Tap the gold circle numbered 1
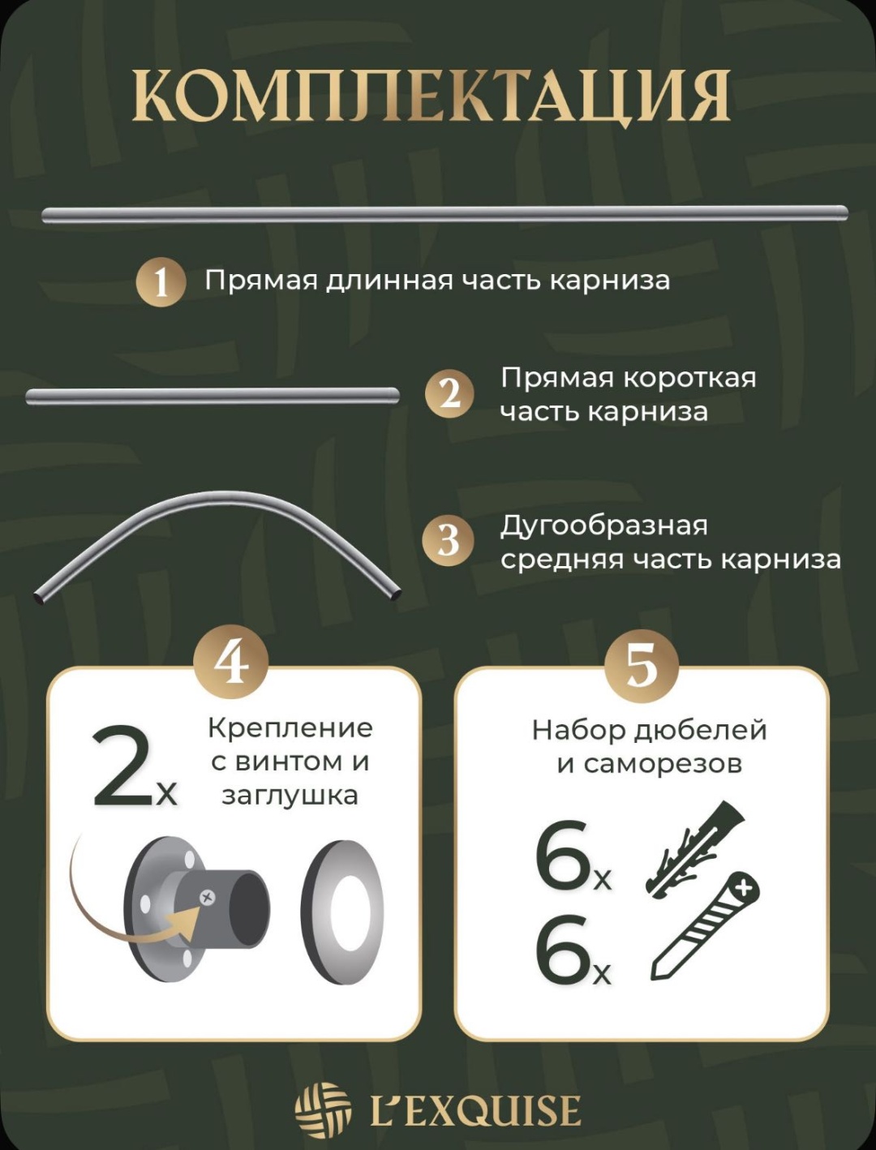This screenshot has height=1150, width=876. coord(161,282)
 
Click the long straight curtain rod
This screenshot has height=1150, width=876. coord(444,214)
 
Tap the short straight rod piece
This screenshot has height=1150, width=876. coord(213,396)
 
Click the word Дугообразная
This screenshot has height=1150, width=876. coord(604,526)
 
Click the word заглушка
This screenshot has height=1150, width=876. coord(290,796)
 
